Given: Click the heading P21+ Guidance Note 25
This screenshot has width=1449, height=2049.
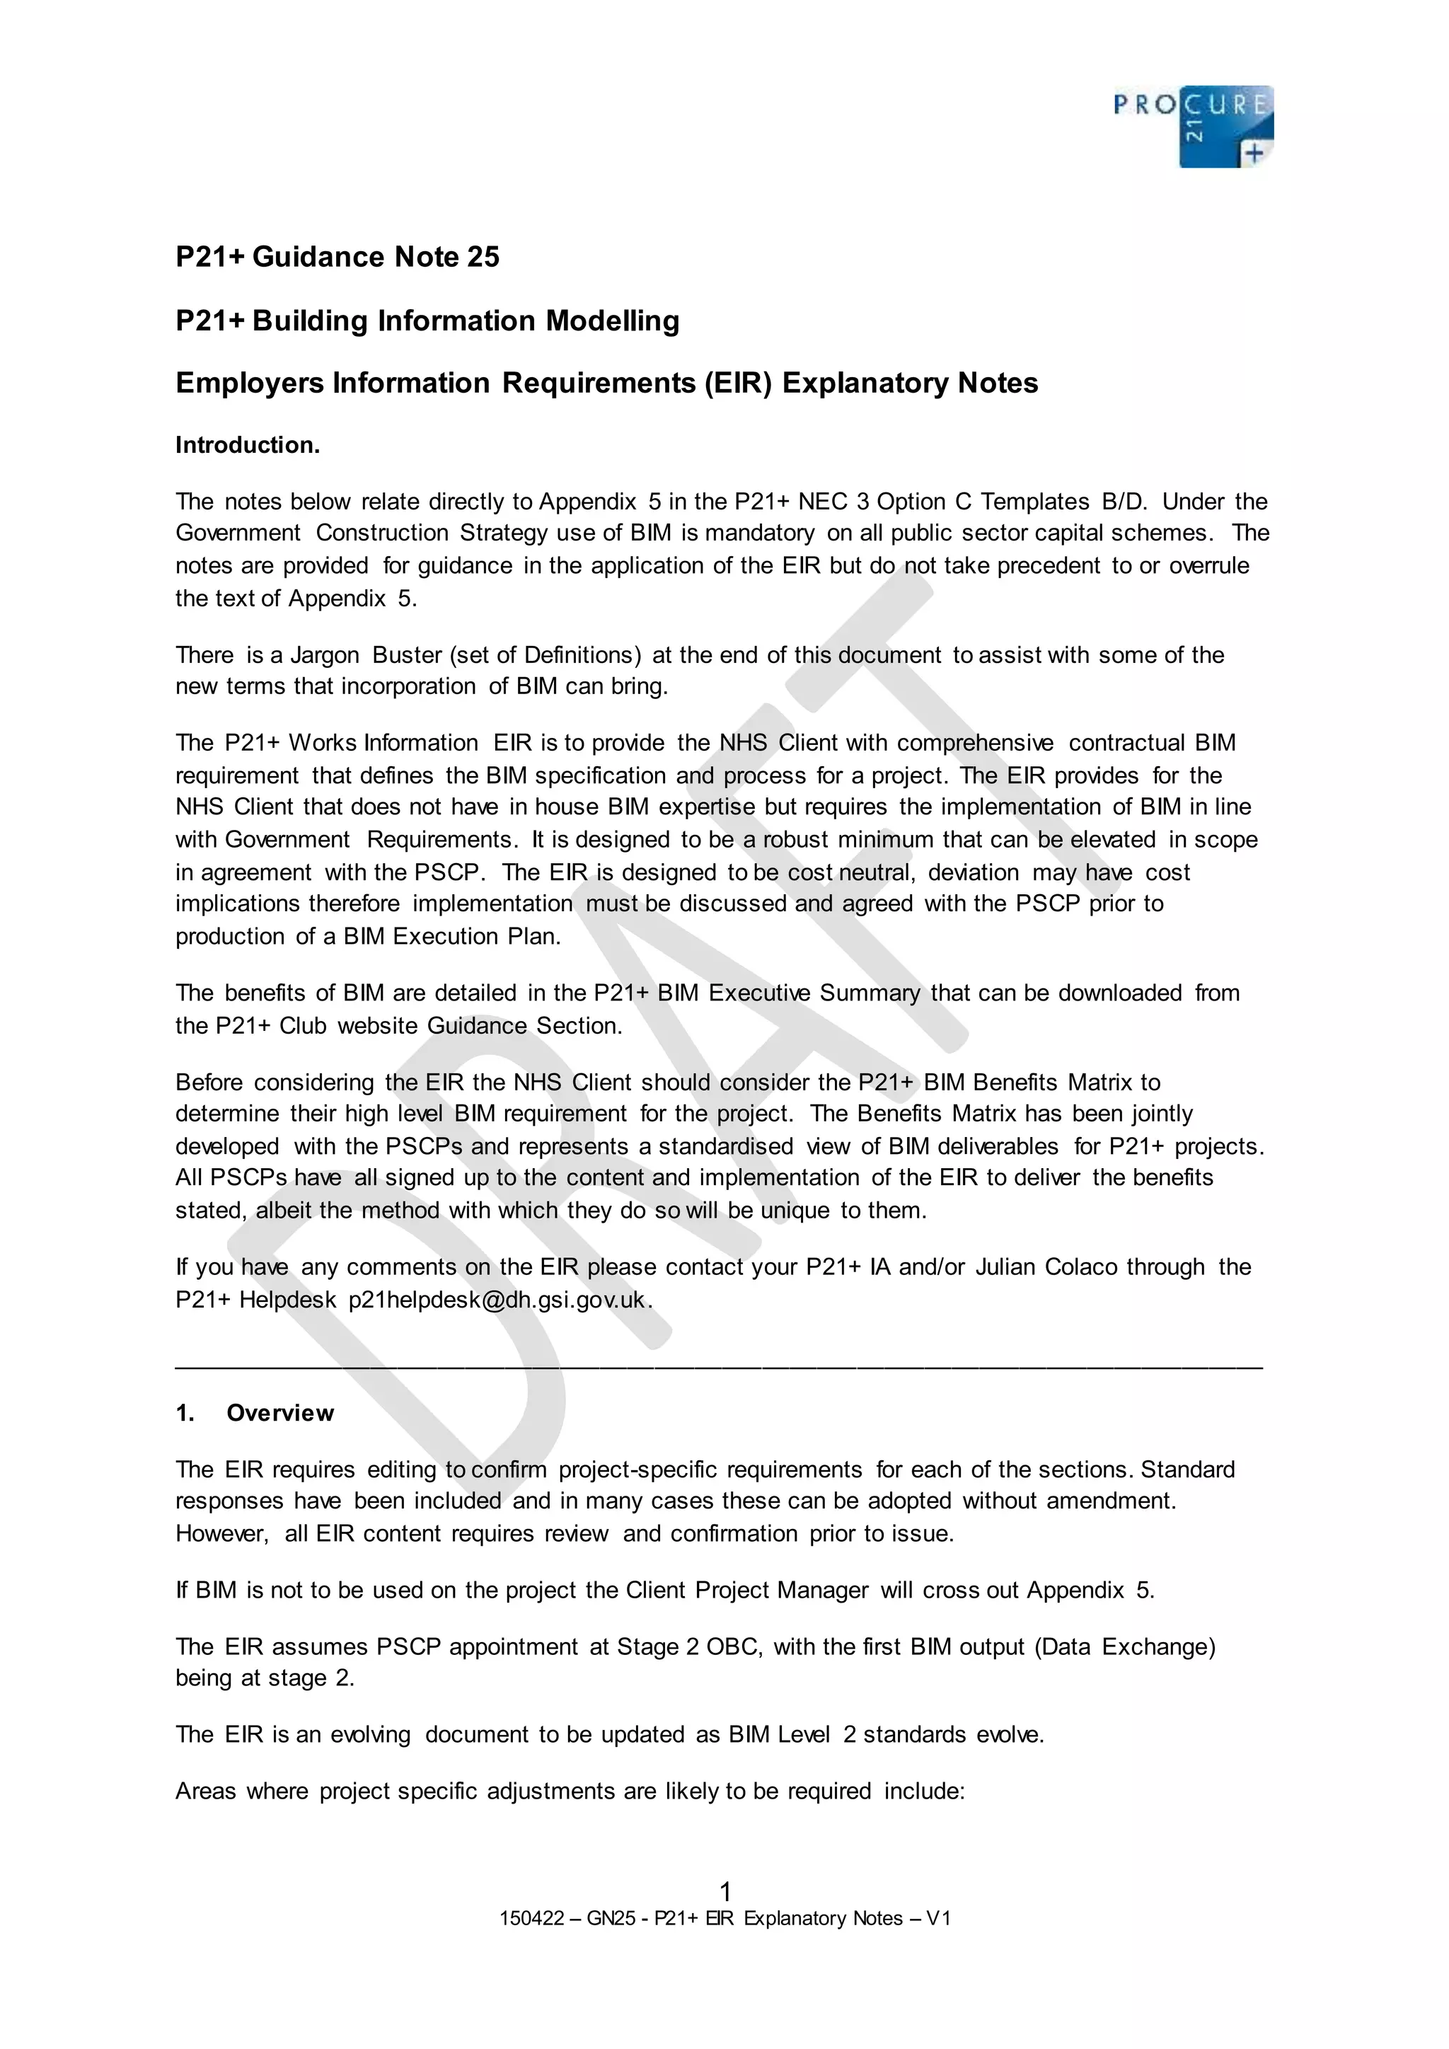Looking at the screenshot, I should pos(337,257).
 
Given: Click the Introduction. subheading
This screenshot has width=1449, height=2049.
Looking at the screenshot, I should pos(247,445).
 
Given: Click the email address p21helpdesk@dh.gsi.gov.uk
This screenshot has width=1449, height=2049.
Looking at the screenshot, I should pos(496,1299).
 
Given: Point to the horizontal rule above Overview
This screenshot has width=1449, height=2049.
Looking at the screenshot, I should pos(719,1367).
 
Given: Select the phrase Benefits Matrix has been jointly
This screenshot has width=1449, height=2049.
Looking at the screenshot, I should pos(1025,1114).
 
